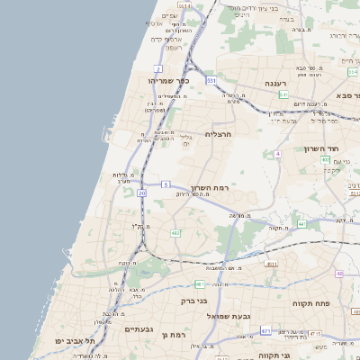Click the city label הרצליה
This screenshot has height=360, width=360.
click(219, 134)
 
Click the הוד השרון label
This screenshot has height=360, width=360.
click(344, 146)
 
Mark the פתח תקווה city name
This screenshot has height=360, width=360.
click(312, 304)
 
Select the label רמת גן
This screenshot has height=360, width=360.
click(173, 334)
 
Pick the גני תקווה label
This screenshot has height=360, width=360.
click(273, 355)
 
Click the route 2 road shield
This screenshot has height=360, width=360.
click(158, 68)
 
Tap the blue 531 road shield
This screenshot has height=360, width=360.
click(211, 81)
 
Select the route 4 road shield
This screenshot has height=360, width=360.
click(279, 154)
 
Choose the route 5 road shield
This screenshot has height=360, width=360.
click(165, 184)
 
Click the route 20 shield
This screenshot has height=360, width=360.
click(142, 193)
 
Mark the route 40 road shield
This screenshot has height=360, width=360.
click(339, 274)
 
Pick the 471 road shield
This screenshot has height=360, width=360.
click(265, 331)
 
